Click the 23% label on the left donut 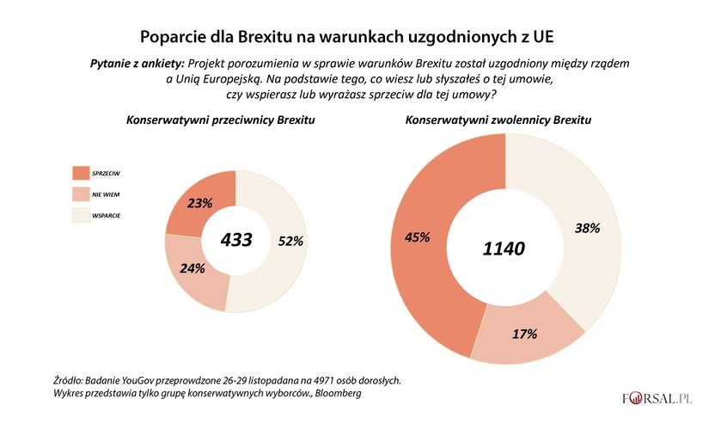200,205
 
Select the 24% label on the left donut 192,268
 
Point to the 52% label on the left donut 290,242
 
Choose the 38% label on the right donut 587,228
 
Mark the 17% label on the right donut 524,333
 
